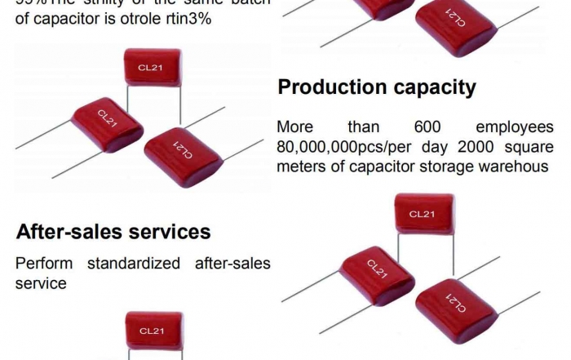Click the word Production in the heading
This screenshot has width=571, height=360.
[330, 88]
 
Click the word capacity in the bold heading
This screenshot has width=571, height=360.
[433, 88]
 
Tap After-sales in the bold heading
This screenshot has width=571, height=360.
[67, 232]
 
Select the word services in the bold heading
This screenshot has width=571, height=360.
[166, 232]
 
